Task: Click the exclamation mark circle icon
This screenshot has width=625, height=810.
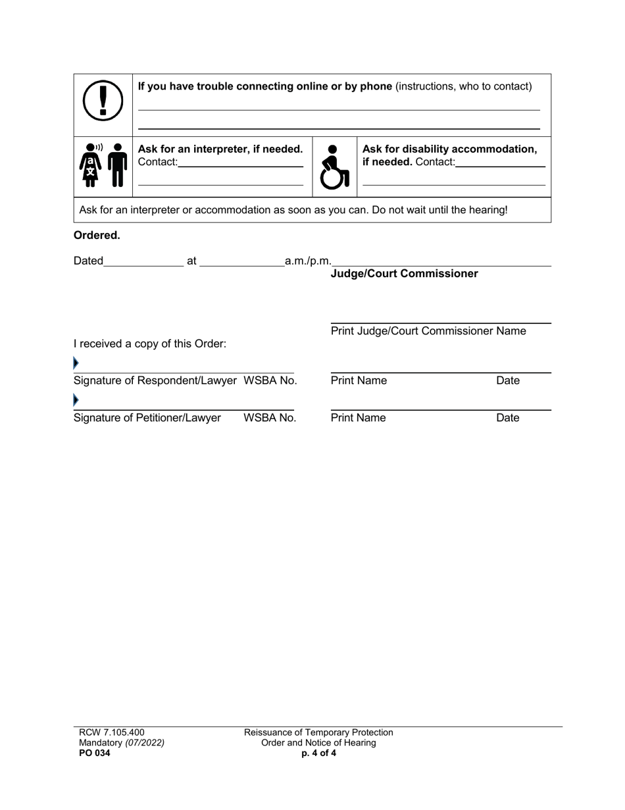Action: tap(103, 101)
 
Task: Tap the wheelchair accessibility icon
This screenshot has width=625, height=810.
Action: tap(334, 167)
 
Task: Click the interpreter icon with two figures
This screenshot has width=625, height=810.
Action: tap(103, 165)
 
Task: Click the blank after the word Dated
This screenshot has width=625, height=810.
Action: tap(144, 261)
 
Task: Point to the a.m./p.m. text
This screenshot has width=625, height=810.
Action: tap(308, 261)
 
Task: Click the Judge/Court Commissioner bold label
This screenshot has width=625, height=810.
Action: tap(404, 274)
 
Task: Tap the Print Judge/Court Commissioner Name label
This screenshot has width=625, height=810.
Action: tap(428, 331)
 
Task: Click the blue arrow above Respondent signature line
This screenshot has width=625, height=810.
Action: tap(76, 363)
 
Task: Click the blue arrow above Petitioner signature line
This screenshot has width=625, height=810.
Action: tap(76, 400)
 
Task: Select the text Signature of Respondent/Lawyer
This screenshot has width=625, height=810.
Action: tap(156, 381)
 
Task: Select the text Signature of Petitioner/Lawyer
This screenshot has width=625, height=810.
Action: tap(147, 418)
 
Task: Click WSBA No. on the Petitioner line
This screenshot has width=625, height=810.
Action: tap(270, 418)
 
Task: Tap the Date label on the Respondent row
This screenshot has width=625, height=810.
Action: tap(508, 381)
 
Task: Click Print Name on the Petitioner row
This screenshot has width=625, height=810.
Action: tap(359, 418)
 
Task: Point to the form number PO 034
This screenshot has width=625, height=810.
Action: tap(95, 754)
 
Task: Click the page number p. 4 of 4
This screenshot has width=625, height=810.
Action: tap(318, 754)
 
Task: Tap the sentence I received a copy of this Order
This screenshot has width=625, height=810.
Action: tap(150, 343)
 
